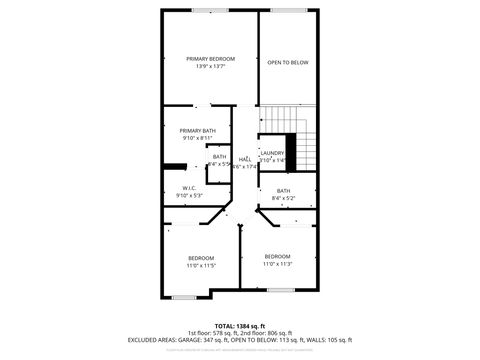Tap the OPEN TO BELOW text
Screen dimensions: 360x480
(x=288, y=63)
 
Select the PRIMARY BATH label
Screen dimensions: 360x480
(x=198, y=131)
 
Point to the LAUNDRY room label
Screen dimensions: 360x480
(x=273, y=153)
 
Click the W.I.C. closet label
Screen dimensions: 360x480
(x=188, y=188)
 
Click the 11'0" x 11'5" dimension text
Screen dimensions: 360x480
(x=200, y=265)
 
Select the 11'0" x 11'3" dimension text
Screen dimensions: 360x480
(x=277, y=264)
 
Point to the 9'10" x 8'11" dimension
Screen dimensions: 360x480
(x=198, y=139)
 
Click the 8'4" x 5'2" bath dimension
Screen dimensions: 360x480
(x=285, y=198)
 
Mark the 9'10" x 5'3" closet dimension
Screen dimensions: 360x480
(x=189, y=196)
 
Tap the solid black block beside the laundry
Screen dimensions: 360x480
(x=297, y=147)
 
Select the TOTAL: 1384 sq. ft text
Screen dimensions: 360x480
(x=239, y=325)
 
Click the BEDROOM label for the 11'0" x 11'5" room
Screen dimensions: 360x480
(x=200, y=257)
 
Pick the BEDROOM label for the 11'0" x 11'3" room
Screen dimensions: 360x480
(x=277, y=256)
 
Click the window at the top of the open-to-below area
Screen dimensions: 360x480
(x=288, y=10)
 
